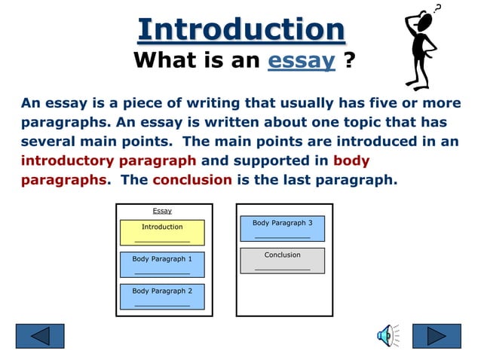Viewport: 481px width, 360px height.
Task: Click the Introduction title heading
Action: [x=241, y=30]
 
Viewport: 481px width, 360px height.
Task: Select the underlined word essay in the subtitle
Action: [x=302, y=61]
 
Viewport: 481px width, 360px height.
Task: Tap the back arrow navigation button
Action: [x=40, y=335]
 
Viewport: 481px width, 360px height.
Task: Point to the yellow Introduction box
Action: [x=162, y=232]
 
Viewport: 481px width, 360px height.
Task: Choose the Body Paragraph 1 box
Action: [x=162, y=264]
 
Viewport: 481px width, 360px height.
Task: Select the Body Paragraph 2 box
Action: [x=162, y=296]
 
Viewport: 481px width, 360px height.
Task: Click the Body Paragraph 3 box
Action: [x=282, y=228]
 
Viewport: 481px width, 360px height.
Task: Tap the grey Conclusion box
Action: [x=282, y=261]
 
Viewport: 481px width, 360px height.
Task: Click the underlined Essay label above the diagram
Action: [x=162, y=211]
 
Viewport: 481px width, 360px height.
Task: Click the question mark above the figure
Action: [x=438, y=8]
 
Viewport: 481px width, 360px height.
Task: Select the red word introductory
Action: [x=67, y=160]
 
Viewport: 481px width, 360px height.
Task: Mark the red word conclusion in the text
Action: [x=191, y=180]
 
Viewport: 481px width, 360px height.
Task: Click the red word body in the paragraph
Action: [x=351, y=160]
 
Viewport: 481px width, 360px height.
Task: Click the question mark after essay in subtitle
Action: [x=348, y=61]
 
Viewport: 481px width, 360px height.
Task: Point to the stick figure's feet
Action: [x=419, y=86]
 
